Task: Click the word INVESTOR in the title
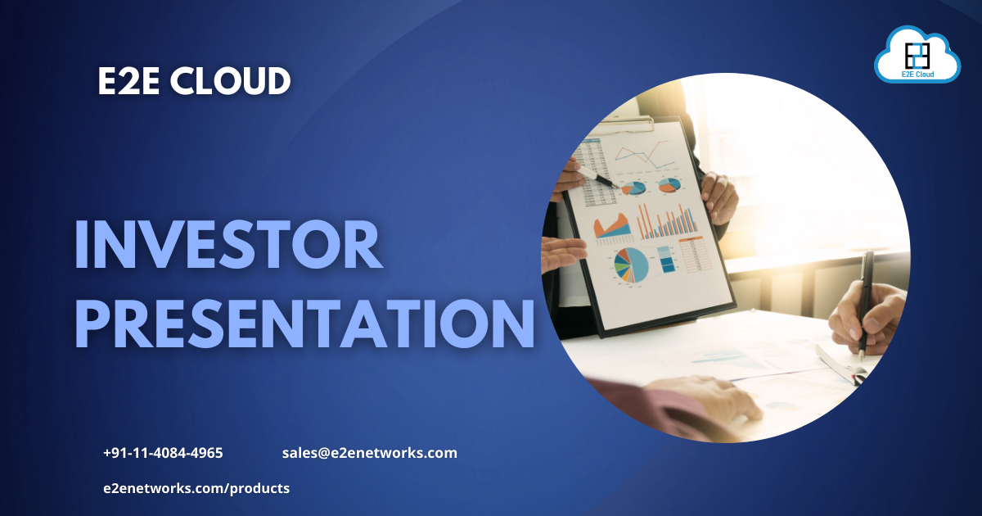tap(228, 245)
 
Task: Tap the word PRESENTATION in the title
tap(304, 325)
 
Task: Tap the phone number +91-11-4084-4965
tap(163, 453)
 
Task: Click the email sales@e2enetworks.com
tap(369, 453)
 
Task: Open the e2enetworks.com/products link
tap(196, 488)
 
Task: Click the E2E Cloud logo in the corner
tap(917, 56)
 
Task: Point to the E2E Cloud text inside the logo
tap(917, 75)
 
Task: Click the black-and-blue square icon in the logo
tap(917, 55)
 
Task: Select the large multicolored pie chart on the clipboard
tap(631, 265)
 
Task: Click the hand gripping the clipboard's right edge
tap(718, 197)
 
